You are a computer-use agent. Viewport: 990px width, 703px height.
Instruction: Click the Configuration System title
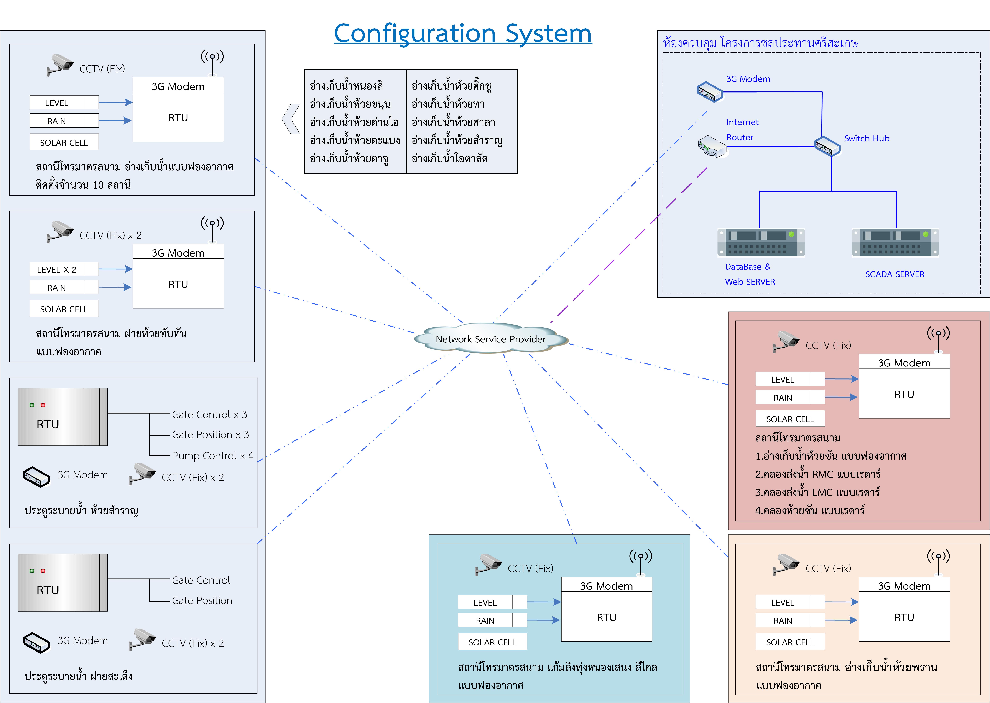[x=463, y=34]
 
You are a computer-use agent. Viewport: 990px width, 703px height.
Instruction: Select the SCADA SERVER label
[x=894, y=274]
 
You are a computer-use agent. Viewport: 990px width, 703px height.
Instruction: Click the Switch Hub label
[x=866, y=139]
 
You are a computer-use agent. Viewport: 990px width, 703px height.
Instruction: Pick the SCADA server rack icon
[x=895, y=242]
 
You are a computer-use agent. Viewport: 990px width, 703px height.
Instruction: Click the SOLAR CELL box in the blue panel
[x=492, y=642]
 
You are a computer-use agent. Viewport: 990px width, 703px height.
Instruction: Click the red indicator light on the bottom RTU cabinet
[x=43, y=570]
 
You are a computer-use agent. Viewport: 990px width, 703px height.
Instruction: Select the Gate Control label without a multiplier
[x=201, y=580]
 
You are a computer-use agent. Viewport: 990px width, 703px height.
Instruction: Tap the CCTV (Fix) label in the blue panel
[x=530, y=568]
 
